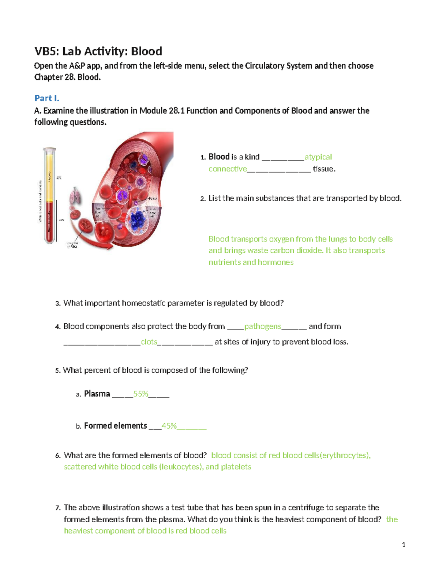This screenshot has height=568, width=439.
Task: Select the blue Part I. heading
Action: pos(46,98)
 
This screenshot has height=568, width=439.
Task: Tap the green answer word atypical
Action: pos(318,157)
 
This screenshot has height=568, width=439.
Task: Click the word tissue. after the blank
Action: pos(324,169)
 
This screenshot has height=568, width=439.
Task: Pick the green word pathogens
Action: pos(262,326)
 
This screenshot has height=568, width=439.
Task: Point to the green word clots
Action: pos(149,342)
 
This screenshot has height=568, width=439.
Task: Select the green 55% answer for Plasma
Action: pos(140,394)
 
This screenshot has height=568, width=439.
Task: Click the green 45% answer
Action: pos(169,426)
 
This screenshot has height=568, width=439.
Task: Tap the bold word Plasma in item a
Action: pos(97,394)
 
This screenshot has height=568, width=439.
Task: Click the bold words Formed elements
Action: pos(115,426)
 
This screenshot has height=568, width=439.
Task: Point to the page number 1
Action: pos(404,545)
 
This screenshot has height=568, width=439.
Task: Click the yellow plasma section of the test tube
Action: pos(50,176)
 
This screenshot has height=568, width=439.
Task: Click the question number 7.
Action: pos(57,508)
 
